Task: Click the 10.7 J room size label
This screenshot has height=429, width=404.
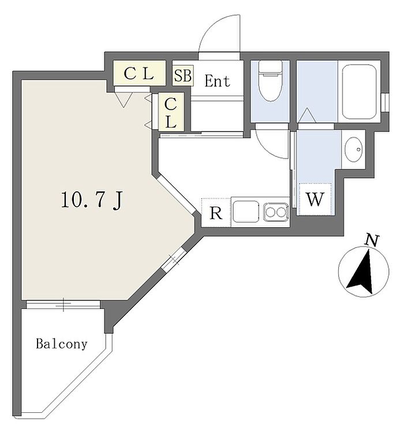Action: click(92, 200)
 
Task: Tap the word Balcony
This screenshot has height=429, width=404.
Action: click(62, 344)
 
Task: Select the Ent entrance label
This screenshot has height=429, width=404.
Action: click(218, 81)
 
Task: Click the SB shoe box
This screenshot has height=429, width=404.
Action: click(183, 76)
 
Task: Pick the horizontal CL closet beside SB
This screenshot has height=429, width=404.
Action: click(139, 73)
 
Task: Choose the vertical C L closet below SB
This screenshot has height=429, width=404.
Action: click(171, 112)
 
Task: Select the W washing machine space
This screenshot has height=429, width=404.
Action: click(315, 200)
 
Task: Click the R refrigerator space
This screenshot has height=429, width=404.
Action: click(216, 213)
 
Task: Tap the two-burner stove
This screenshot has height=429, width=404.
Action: click(276, 212)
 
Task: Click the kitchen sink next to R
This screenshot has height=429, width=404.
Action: click(246, 212)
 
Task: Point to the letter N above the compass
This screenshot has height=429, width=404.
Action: click(373, 240)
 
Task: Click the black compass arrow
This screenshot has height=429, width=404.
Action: click(361, 272)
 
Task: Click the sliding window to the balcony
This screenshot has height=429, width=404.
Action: click(63, 304)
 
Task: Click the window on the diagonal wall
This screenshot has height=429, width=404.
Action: click(174, 260)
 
